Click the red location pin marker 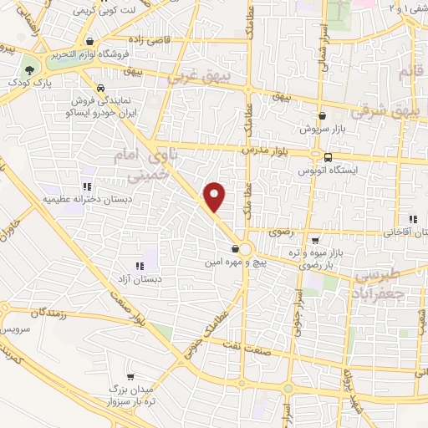point(216,196)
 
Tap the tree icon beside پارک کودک point(30,70)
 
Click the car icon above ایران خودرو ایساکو point(100,87)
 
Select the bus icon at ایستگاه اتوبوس point(327,156)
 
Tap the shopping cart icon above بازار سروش point(323,116)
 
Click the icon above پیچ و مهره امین point(235,248)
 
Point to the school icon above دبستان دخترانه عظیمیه point(85,187)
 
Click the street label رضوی point(278,231)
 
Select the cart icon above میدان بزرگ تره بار point(130,375)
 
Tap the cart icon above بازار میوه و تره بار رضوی point(314,239)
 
